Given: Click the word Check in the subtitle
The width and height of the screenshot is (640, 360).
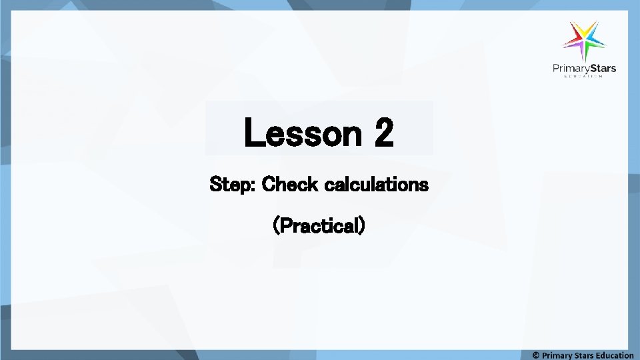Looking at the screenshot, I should pyautogui.click(x=290, y=184).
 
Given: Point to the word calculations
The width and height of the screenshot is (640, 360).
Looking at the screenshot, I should pyautogui.click(x=376, y=184).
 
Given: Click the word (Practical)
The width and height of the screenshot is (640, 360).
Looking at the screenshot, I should pyautogui.click(x=319, y=227).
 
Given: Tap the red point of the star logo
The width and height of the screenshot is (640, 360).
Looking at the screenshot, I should pyautogui.click(x=572, y=31).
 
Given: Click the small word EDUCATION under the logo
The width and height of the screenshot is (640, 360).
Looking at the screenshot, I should pyautogui.click(x=584, y=77).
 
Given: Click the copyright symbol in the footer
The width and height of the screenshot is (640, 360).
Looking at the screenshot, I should pyautogui.click(x=537, y=355).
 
